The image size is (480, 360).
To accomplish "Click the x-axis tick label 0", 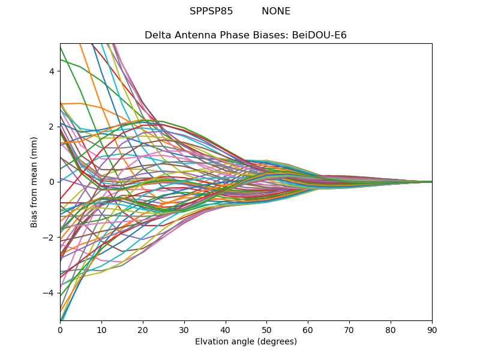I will pos(60,329).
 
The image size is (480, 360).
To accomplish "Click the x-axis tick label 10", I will pos(101,329).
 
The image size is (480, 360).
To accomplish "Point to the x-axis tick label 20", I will pos(143,329).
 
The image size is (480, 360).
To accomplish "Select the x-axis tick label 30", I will pos(184,329).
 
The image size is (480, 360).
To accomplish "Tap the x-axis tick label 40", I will pos(226,329).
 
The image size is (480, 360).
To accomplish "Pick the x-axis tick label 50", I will pos(266,329).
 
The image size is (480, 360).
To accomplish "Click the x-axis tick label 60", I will pos(308,329).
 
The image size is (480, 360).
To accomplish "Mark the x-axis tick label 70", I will pos(349,329).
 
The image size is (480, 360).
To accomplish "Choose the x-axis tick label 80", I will pos(391,329).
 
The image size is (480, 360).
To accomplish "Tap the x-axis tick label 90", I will pos(432,329).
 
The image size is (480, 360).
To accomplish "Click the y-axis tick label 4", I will pos(52,71).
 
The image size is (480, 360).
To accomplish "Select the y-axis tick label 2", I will pos(52,127).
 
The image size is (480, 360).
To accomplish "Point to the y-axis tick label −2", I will pos(50,238).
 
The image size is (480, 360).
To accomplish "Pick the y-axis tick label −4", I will pos(50,293).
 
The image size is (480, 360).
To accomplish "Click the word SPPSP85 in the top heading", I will pos(211,11).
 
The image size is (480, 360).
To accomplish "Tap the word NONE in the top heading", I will pos(276,11).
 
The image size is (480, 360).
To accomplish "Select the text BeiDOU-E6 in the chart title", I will pos(319,35).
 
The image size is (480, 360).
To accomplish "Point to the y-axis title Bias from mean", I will pos(34,181).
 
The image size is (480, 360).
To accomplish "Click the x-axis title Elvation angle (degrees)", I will pos(246,341).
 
